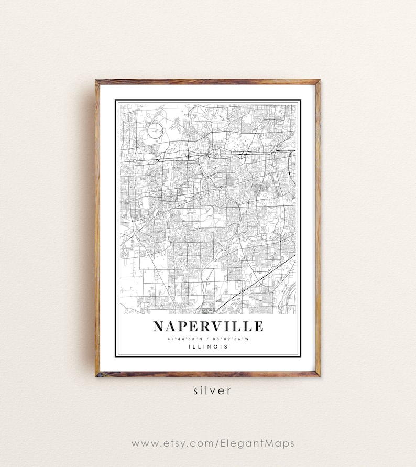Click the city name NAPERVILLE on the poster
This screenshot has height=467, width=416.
coord(208,327)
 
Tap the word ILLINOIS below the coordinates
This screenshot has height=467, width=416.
coord(208,346)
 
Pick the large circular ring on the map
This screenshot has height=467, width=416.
coord(156,130)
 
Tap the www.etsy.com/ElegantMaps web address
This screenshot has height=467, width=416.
coord(212,443)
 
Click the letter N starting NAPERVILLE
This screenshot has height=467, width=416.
coord(159,327)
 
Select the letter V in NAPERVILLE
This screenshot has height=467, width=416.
coord(218,327)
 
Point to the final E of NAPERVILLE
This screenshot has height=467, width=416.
coord(258,327)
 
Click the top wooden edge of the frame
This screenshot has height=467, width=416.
coord(208,82)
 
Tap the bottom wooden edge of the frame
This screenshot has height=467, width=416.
coord(208,374)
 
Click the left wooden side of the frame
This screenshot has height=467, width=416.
coord(97,228)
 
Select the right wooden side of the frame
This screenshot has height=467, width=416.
coord(318,228)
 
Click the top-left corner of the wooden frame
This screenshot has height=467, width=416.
coord(97,82)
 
